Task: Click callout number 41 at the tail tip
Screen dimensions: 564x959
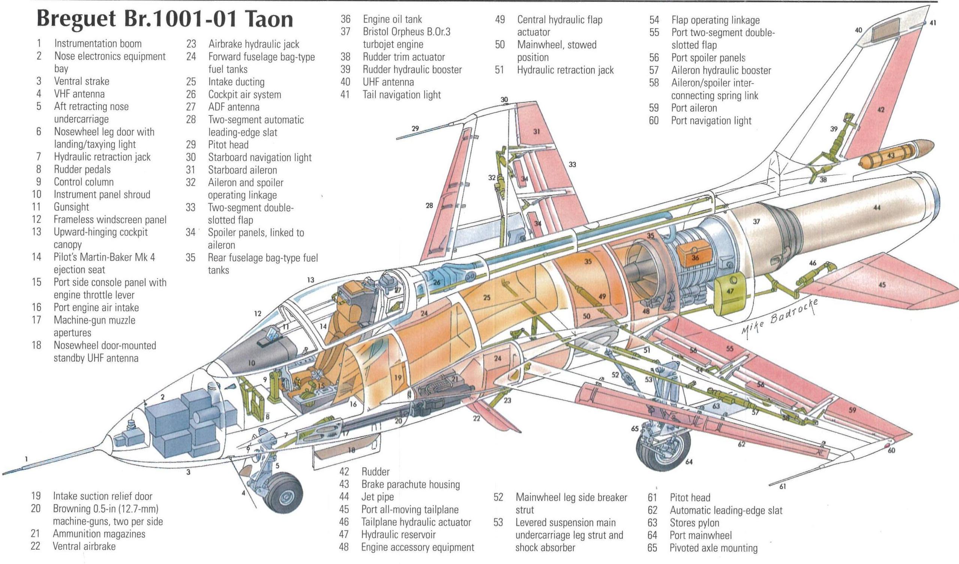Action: coord(933,23)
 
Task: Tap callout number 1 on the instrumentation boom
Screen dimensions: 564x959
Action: coord(26,459)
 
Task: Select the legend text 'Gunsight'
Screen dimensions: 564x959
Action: coord(71,207)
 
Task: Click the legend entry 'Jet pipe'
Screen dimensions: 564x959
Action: coord(377,497)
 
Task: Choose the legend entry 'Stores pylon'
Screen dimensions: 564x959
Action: coord(694,522)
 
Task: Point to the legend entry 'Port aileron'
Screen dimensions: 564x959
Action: coord(693,108)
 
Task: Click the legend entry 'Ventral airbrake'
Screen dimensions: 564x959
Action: coord(84,546)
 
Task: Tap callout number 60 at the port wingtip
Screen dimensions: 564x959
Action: coord(891,450)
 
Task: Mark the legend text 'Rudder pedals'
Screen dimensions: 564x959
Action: coord(83,169)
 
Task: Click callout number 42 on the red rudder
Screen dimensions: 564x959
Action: coord(881,110)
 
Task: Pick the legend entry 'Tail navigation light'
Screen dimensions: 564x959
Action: coord(401,95)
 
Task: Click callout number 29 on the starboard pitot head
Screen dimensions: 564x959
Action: coord(415,129)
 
